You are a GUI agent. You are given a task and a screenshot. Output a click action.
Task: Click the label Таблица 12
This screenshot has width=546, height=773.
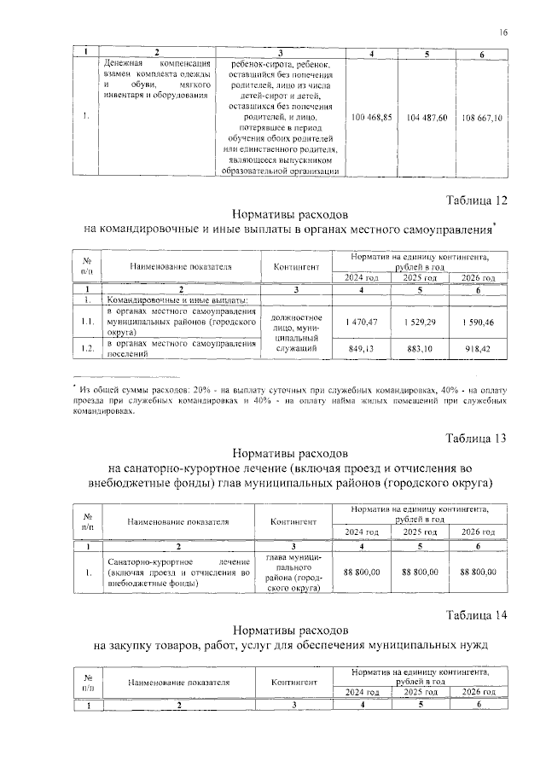tap(477, 201)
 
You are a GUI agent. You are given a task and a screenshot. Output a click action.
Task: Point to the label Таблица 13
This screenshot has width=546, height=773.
tap(477, 438)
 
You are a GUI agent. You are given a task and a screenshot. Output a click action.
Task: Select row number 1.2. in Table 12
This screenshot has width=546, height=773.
tap(87, 348)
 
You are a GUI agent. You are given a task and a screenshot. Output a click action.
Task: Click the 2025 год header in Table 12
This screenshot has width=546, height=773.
tap(422, 278)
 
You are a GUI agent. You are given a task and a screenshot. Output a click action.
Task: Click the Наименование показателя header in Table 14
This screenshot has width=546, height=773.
tap(180, 683)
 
